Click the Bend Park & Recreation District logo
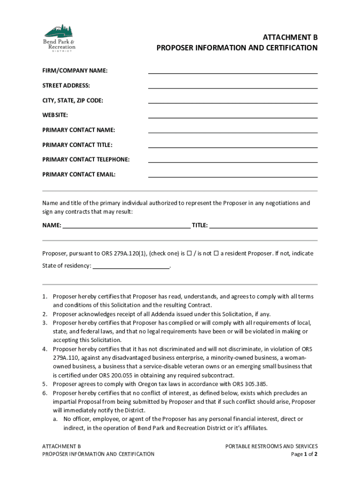[59, 38]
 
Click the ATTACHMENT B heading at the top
[290, 37]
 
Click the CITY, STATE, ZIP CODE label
[73, 101]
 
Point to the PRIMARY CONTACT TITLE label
[77, 145]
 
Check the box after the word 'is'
[189, 254]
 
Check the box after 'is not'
[216, 254]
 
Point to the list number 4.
[44, 349]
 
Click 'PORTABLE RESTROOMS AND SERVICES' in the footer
[271, 446]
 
